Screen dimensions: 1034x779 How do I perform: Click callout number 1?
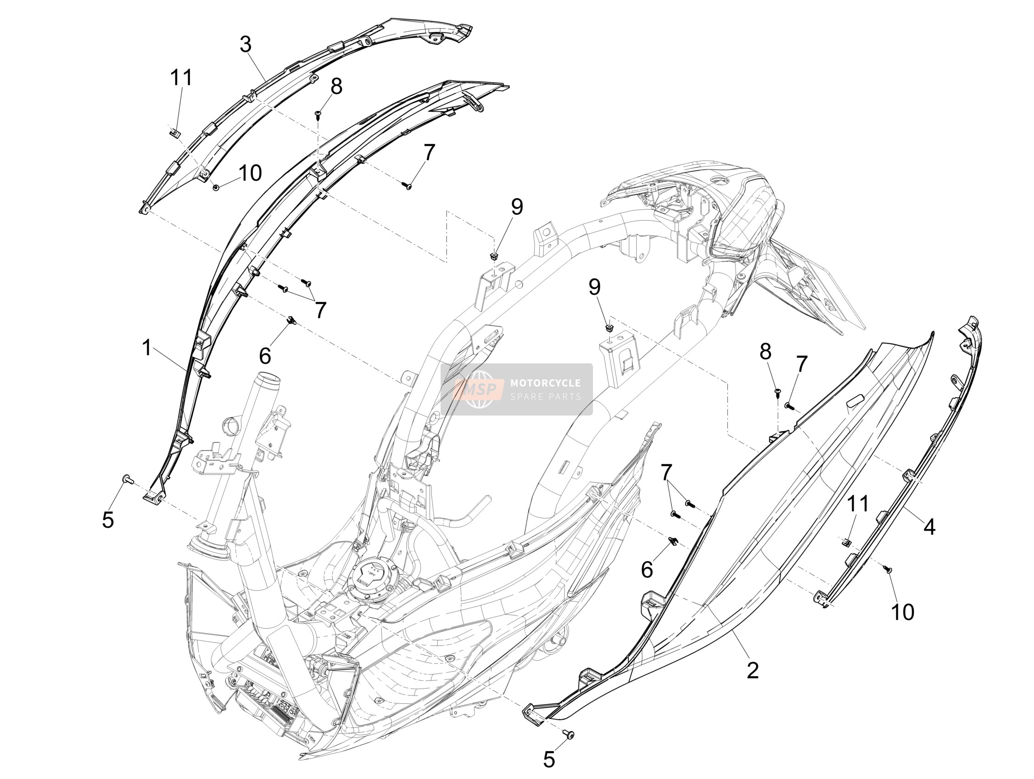(147, 348)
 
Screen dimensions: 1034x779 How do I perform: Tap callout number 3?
(246, 45)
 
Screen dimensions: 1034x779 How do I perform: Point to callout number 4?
(929, 527)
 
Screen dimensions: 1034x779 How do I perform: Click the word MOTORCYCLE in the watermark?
(545, 383)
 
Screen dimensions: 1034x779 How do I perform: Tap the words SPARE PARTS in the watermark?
(545, 397)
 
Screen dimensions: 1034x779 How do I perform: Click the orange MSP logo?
(479, 389)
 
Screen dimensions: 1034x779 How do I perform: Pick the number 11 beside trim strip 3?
(181, 78)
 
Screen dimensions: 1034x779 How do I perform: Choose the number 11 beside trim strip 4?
(858, 504)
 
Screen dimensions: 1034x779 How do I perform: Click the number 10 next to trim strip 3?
(250, 173)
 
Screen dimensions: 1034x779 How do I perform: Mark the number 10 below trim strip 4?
(903, 612)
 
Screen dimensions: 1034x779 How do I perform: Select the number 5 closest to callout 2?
(549, 760)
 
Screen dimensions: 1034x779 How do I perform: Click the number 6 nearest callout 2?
(647, 570)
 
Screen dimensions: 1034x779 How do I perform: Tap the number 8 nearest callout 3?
(336, 86)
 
